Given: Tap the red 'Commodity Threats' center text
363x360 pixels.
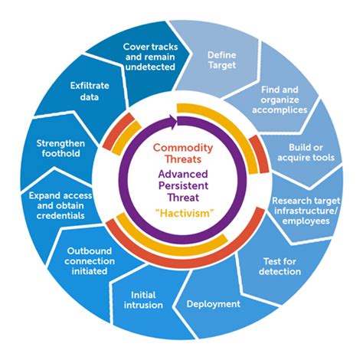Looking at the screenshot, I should coord(181,152).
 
